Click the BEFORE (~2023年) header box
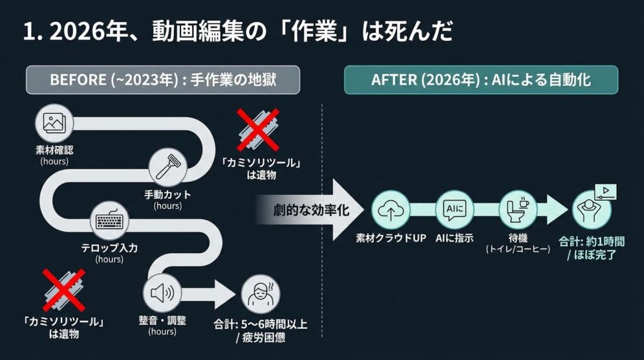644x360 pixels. [x=163, y=80]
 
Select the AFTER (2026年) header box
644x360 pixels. [x=480, y=80]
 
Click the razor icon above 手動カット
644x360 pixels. [x=168, y=168]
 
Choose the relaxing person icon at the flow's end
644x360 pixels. [x=592, y=210]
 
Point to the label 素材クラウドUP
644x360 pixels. [x=391, y=239]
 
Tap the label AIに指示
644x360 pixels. [x=454, y=239]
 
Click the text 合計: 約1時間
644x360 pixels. [x=591, y=240]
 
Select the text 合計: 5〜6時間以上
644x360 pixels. [x=260, y=325]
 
